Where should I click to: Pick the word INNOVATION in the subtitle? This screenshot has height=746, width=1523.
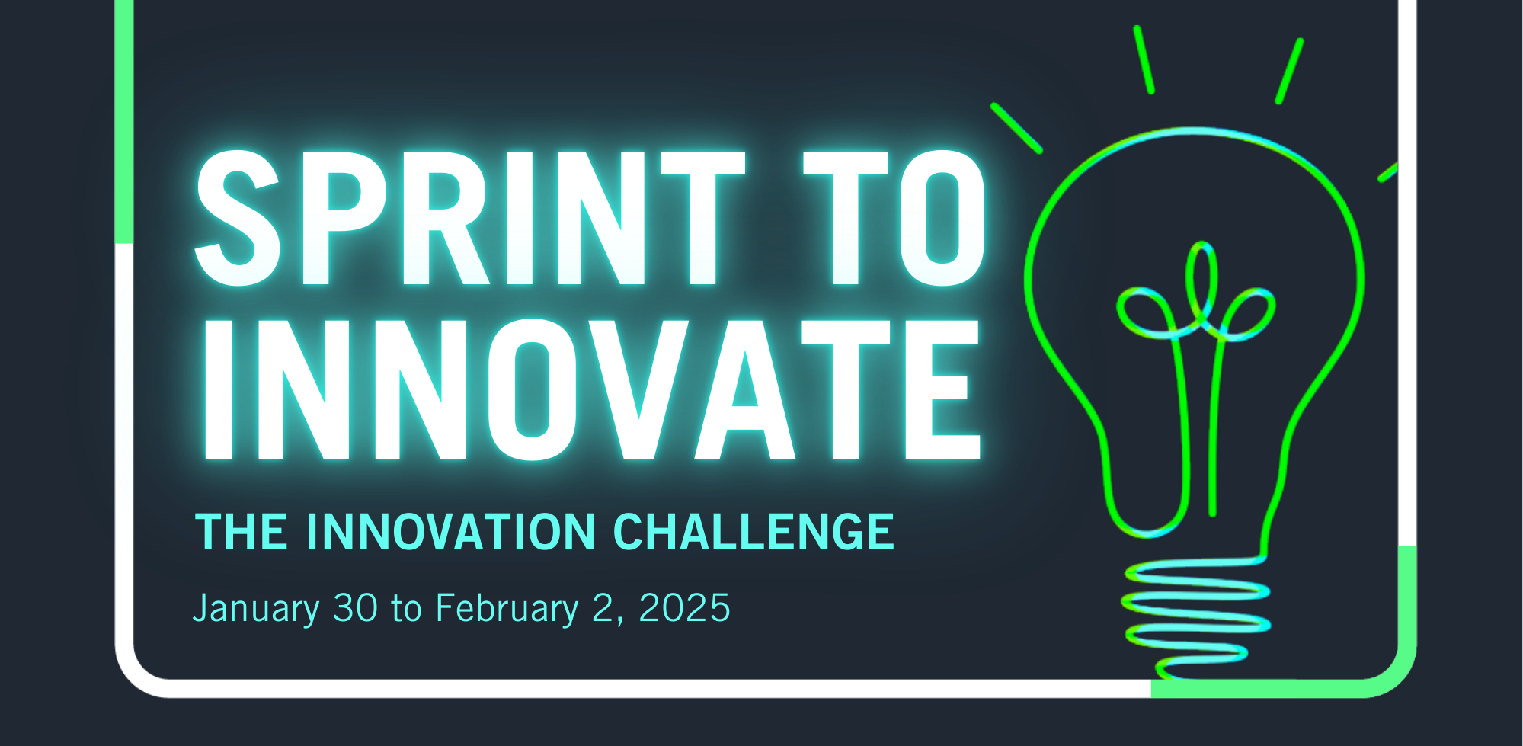click(450, 531)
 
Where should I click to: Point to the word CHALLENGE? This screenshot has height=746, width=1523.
click(754, 531)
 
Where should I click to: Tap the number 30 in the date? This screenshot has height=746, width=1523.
click(355, 607)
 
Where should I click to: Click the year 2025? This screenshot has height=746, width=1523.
click(684, 607)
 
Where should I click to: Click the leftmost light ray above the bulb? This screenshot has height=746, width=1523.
click(1016, 128)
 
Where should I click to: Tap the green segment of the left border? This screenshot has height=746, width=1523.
click(124, 122)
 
